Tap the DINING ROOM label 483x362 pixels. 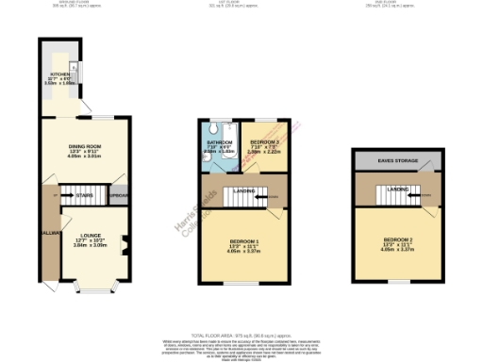[x=85, y=146]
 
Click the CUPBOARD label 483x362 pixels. [x=119, y=195]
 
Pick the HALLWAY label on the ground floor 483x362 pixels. [x=49, y=232]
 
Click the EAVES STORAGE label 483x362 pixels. [x=398, y=161]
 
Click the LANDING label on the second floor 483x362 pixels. [x=397, y=190]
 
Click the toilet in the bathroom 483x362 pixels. [x=218, y=126]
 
